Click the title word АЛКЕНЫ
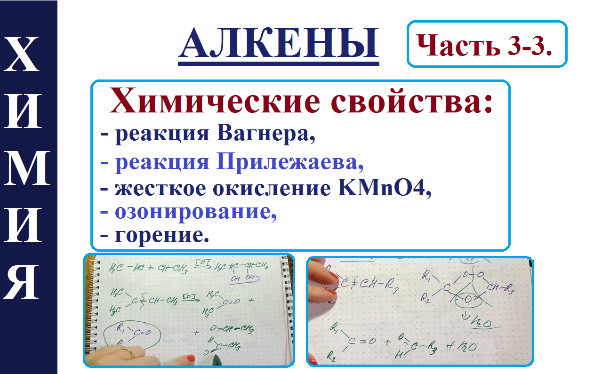point(279,43)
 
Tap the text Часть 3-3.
point(486,45)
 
